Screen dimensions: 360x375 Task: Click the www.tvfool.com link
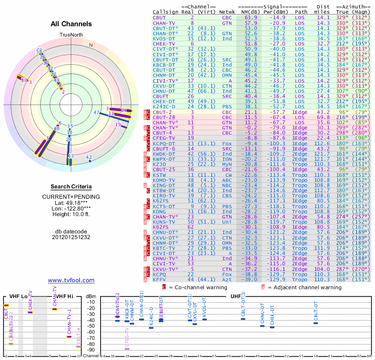point(71,280)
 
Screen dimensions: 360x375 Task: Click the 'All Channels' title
point(71,24)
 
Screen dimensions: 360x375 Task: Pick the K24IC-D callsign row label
point(165,106)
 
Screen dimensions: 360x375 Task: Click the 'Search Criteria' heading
point(71,187)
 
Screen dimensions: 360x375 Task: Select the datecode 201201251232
point(71,237)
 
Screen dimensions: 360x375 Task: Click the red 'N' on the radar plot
point(91,45)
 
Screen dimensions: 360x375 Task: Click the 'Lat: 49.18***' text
point(71,202)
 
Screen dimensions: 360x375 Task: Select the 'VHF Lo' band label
point(18,296)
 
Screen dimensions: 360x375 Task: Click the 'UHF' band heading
point(235,296)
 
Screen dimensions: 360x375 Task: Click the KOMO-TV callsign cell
point(164,180)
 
